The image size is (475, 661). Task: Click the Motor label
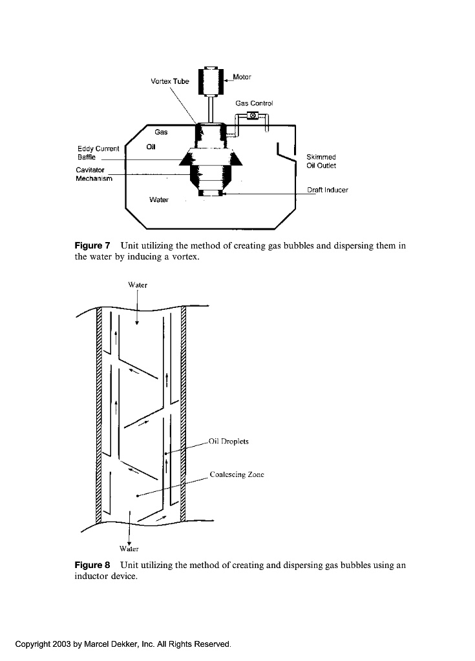[242, 77]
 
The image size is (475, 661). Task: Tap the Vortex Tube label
[170, 82]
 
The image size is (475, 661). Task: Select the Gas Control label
[254, 103]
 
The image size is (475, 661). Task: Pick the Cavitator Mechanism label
[94, 174]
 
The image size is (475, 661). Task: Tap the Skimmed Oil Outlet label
[321, 161]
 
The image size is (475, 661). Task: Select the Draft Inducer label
[328, 190]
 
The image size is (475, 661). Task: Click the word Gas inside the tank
[161, 132]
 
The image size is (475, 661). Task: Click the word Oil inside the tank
[152, 146]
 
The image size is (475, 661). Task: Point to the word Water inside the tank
[159, 199]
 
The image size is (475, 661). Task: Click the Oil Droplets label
[229, 442]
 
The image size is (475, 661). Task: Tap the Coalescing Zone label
[237, 474]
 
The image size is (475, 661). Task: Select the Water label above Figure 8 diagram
[138, 285]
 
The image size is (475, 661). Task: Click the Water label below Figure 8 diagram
[130, 549]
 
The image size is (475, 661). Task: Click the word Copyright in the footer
[36, 644]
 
